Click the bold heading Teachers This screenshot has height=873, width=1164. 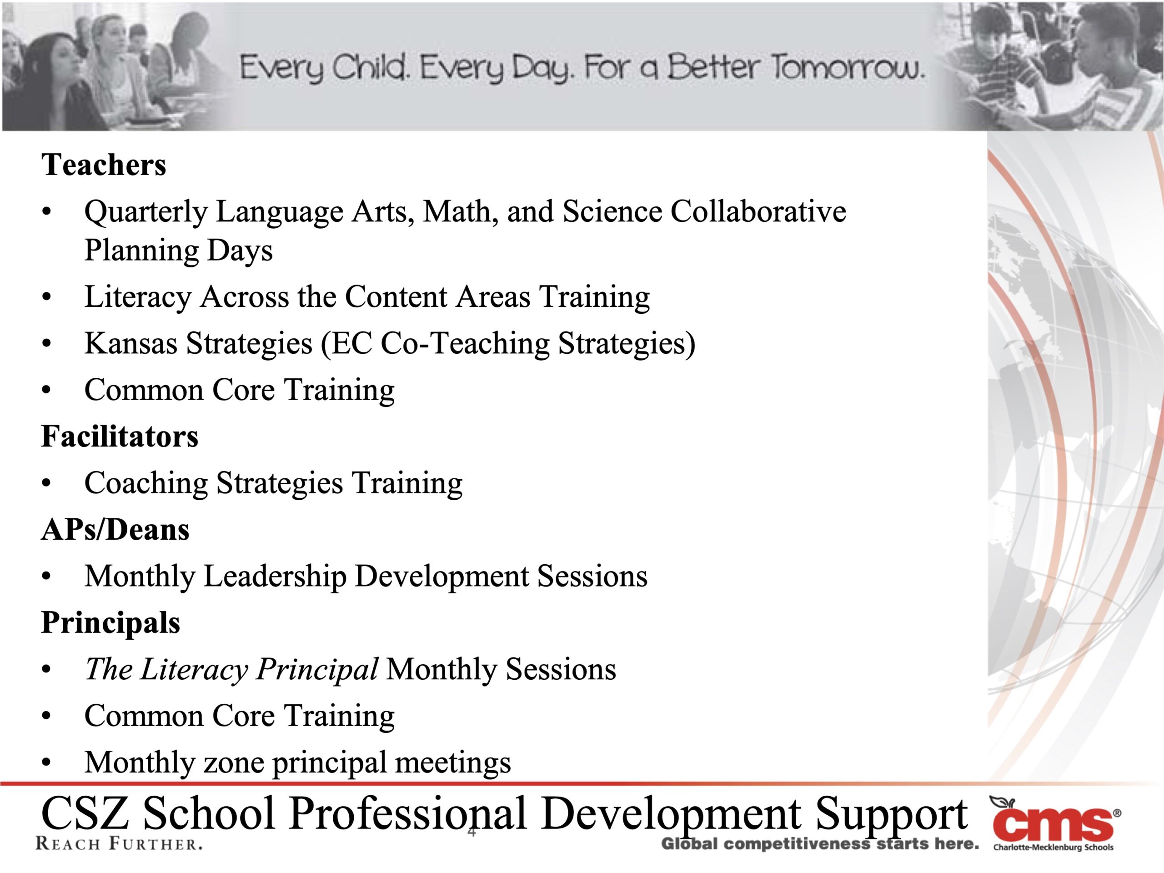104,165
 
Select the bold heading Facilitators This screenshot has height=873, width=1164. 120,436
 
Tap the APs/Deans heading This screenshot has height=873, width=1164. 115,529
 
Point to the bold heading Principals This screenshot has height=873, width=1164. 110,622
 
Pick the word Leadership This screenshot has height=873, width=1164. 275,577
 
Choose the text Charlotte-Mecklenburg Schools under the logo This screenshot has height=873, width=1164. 1054,847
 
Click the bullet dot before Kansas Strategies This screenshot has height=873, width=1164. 47,344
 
